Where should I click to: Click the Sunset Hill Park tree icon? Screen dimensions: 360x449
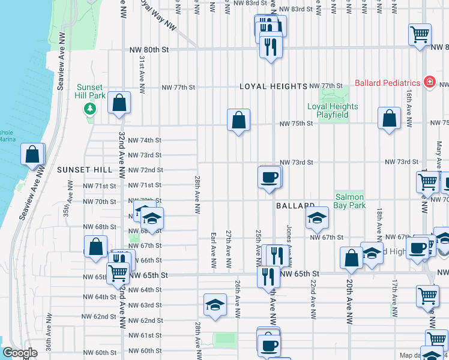coord(90,109)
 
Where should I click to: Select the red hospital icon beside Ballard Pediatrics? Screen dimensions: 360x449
coord(429,82)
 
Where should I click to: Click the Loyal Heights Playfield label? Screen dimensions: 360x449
coord(333,110)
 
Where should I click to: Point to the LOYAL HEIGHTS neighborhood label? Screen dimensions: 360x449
coord(274,86)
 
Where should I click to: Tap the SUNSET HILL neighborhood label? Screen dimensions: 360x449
coord(85,170)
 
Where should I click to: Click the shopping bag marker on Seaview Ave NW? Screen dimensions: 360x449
coord(32,154)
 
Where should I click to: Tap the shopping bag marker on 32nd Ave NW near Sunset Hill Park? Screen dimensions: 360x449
coord(119,103)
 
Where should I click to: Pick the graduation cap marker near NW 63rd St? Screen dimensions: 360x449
coord(215,305)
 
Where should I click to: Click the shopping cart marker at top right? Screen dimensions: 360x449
coord(420,34)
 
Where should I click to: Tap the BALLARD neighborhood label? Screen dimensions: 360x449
coord(296,206)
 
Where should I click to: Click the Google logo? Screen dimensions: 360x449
coord(20,353)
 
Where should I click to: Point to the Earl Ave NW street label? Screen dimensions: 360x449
coord(213,250)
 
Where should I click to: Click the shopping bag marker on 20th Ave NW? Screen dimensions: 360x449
coord(351,258)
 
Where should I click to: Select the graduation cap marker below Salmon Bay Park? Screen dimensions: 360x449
coord(316,219)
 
